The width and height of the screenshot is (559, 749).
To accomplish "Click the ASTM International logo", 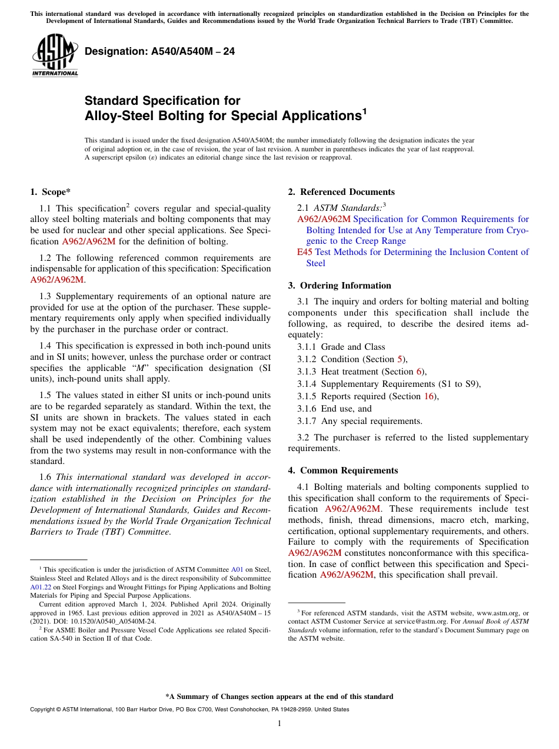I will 55,55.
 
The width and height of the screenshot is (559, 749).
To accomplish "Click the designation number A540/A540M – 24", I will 159,52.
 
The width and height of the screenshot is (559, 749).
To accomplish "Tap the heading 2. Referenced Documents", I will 341,192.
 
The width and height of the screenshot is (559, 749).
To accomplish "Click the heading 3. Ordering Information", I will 340,286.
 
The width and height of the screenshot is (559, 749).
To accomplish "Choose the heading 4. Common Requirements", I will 342,470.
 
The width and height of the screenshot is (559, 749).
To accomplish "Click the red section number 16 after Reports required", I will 429,396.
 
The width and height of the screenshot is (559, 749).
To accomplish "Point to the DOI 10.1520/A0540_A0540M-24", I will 114,621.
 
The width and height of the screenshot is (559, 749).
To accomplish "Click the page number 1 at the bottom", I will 279,724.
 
